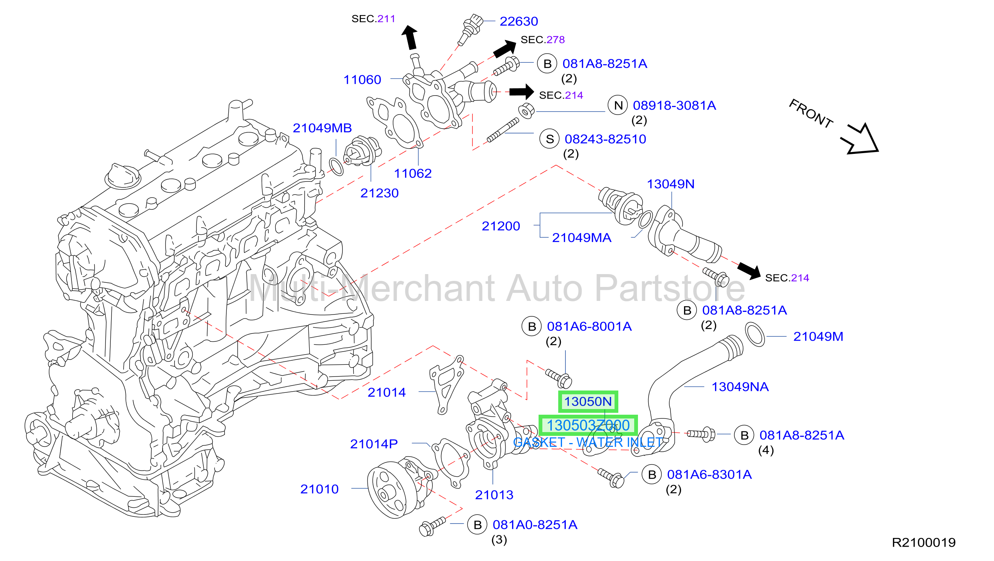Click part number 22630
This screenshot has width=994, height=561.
tap(519, 21)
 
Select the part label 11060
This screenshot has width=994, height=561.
tap(362, 79)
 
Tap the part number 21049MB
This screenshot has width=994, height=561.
tap(322, 128)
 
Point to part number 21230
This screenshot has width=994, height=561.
tap(379, 193)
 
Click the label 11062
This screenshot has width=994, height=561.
tap(412, 173)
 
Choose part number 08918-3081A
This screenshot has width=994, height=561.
tap(674, 105)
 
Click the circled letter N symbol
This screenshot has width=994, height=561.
tap(618, 105)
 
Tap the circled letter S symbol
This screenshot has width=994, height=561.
tap(550, 139)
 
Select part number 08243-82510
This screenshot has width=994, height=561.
tap(605, 139)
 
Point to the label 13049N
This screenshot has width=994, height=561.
tap(670, 184)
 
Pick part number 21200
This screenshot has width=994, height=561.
tap(501, 226)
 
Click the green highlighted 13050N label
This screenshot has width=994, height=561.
tap(588, 401)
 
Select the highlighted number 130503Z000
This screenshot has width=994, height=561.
tap(588, 426)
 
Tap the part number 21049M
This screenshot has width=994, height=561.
tap(818, 336)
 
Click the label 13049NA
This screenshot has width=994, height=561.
tap(740, 387)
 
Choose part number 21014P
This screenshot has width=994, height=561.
tap(373, 444)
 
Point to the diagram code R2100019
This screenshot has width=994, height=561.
tap(924, 542)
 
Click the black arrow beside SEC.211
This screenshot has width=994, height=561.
tap(410, 37)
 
